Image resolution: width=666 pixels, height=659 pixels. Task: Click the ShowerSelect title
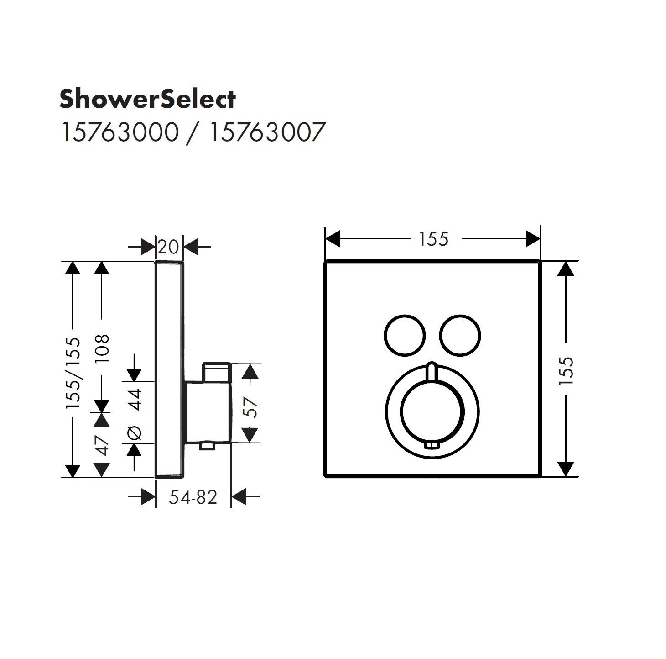[x=147, y=99]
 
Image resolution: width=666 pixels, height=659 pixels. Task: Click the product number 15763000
[x=119, y=133]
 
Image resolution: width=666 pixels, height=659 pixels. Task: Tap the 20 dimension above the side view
[x=169, y=247]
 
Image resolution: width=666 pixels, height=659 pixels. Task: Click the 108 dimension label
[x=102, y=348]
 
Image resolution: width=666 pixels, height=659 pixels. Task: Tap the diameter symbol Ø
[x=135, y=432]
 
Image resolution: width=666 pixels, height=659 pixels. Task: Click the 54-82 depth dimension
[x=193, y=497]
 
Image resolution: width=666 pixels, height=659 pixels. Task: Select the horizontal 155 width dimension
[x=433, y=239]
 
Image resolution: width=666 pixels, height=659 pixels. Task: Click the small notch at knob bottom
[x=432, y=445]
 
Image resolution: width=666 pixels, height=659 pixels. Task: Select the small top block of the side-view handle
[x=217, y=372]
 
